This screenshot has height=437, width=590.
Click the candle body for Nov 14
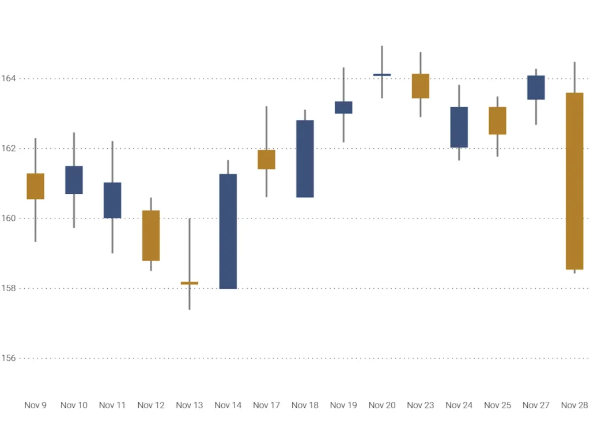pyautogui.click(x=228, y=231)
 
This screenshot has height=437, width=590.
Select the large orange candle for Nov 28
pyautogui.click(x=574, y=181)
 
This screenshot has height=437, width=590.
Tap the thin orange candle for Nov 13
pyautogui.click(x=190, y=283)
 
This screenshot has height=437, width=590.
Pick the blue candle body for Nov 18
pyautogui.click(x=305, y=159)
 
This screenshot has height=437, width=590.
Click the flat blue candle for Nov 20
pyautogui.click(x=382, y=74)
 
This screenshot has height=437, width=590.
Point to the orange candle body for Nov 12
pyautogui.click(x=151, y=235)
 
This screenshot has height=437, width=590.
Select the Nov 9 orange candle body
pyautogui.click(x=36, y=186)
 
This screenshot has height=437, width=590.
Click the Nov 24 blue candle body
pyautogui.click(x=459, y=127)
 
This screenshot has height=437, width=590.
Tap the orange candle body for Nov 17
pyautogui.click(x=266, y=159)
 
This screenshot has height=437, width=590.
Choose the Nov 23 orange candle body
pyautogui.click(x=421, y=86)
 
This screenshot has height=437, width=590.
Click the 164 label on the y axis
pyautogui.click(x=8, y=78)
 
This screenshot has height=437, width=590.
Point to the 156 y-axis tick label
pyautogui.click(x=8, y=358)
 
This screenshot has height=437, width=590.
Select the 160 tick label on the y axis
pyautogui.click(x=8, y=218)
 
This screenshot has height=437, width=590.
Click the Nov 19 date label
pyautogui.click(x=343, y=405)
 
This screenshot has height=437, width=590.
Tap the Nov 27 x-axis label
pyautogui.click(x=536, y=405)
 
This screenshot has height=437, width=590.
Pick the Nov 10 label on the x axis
pyautogui.click(x=74, y=405)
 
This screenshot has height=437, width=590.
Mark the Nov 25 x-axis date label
pyautogui.click(x=497, y=405)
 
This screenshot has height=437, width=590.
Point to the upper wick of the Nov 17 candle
pyautogui.click(x=266, y=127)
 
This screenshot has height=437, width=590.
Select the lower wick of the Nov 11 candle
pyautogui.click(x=112, y=236)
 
